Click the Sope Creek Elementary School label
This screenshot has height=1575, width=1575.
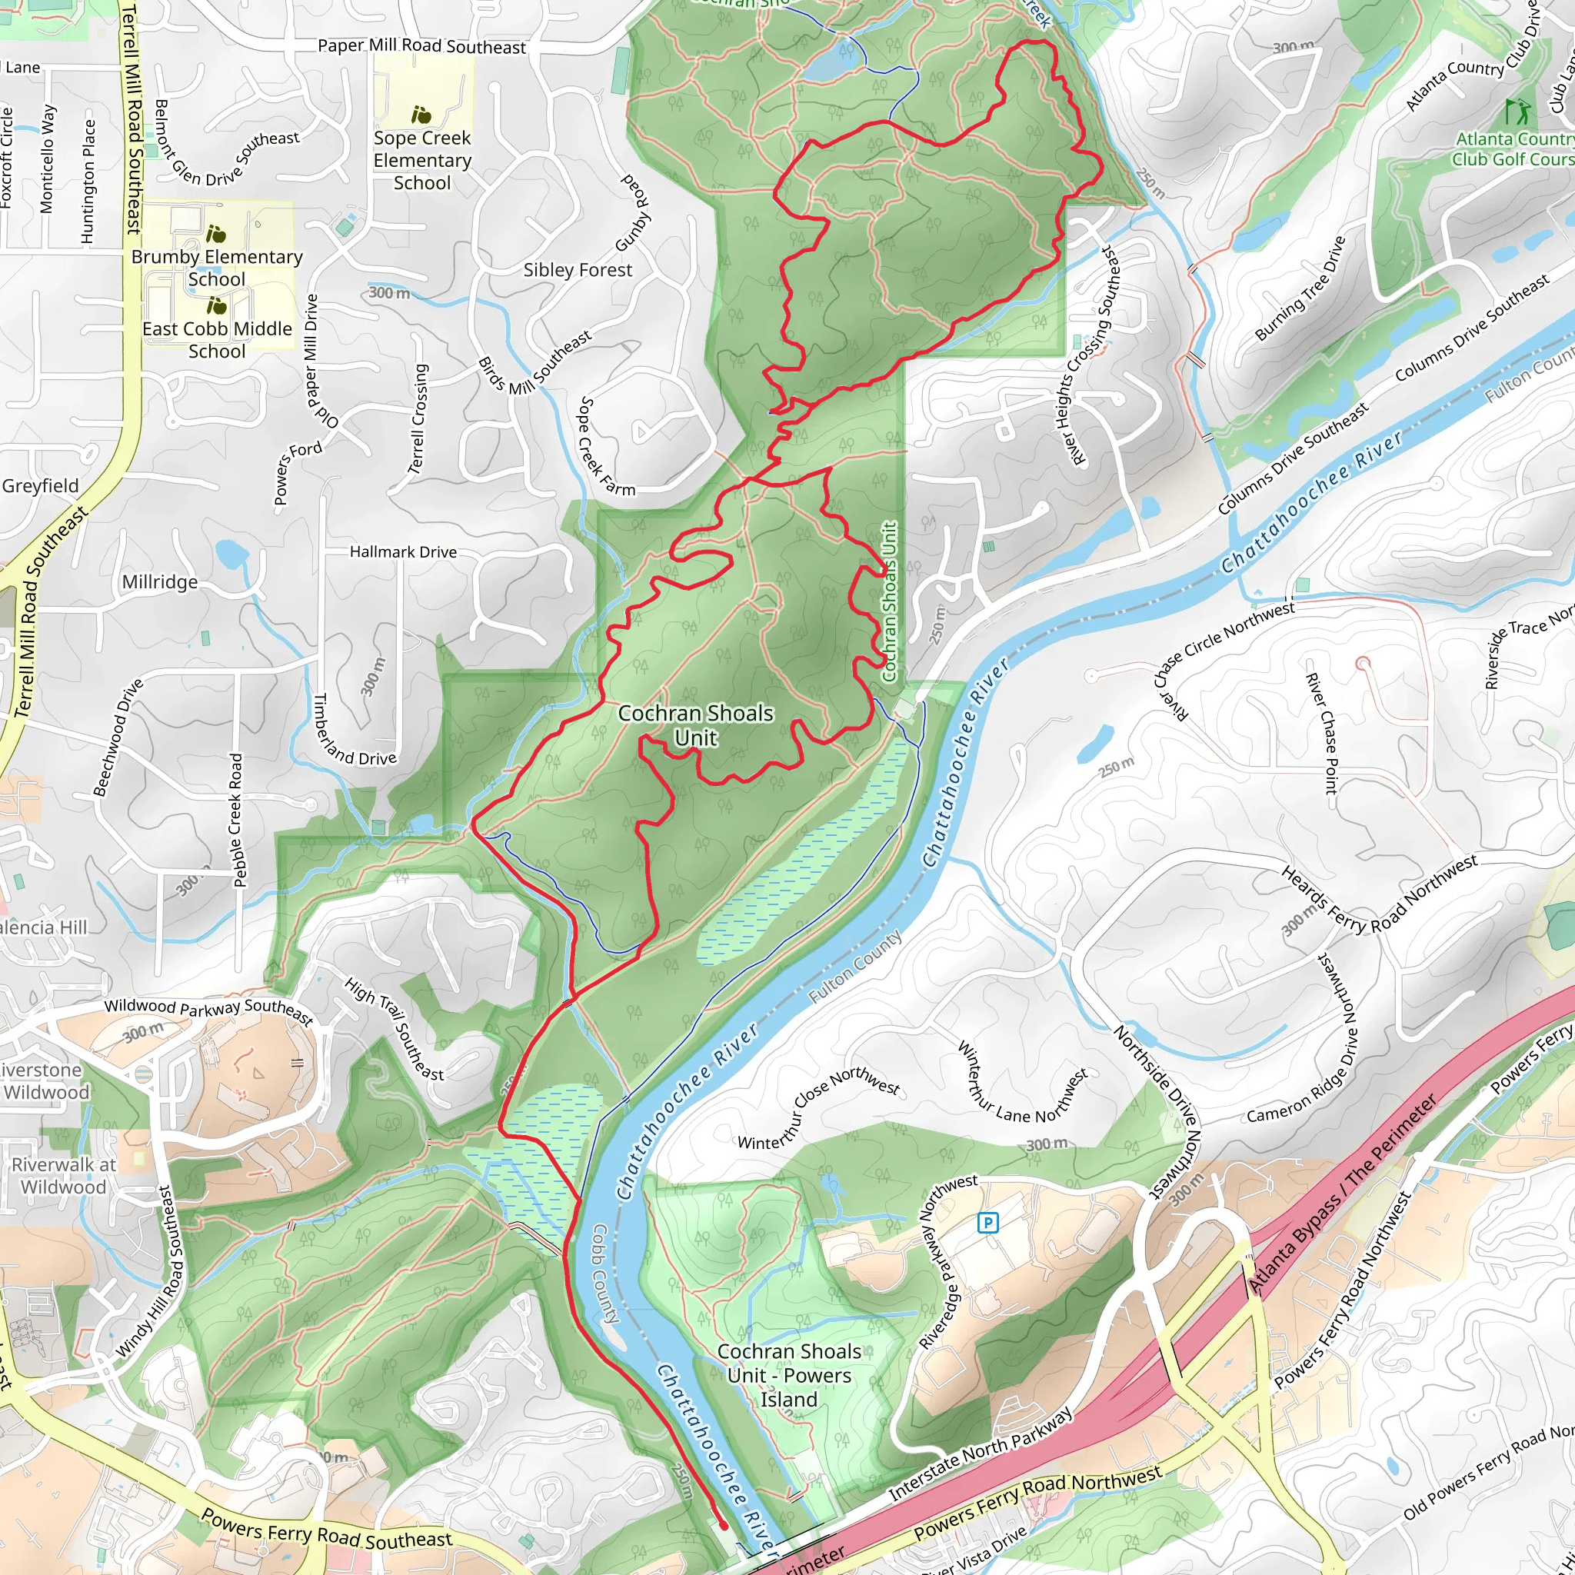421,160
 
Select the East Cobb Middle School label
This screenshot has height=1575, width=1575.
217,339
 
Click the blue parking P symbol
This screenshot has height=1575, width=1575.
987,1222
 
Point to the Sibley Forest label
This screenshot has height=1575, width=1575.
578,270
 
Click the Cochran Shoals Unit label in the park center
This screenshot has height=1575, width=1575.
695,724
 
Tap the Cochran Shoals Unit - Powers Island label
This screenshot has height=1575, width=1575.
788,1375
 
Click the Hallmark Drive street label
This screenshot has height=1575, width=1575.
403,552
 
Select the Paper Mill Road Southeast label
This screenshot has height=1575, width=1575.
421,45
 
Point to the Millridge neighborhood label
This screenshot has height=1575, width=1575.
160,582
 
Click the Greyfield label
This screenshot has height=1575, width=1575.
40,486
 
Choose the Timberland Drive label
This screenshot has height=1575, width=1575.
355,730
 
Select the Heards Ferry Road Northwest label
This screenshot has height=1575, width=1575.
1377,897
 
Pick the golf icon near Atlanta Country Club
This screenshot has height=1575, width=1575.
1517,110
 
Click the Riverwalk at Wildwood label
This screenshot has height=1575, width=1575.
64,1176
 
